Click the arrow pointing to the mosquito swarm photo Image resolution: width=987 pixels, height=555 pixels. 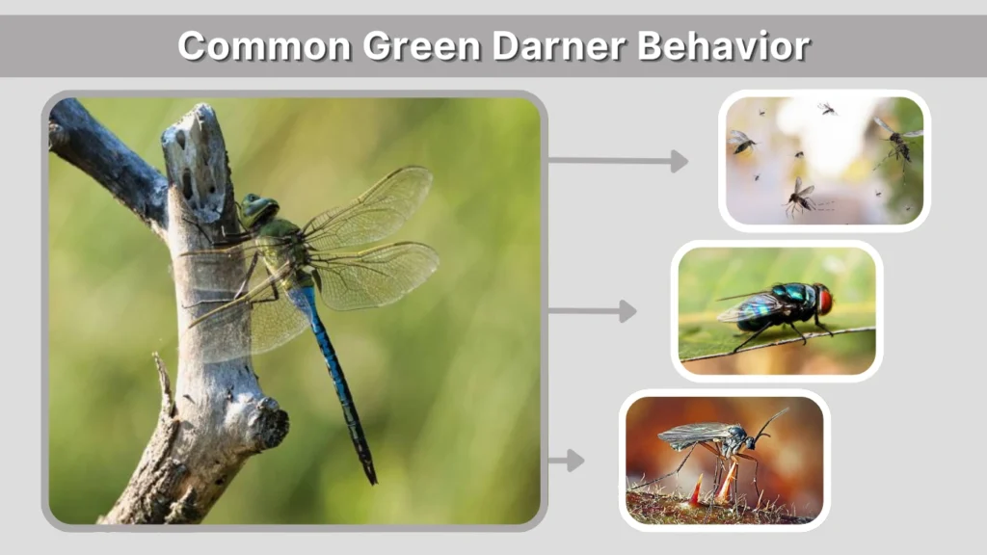[x=618, y=161]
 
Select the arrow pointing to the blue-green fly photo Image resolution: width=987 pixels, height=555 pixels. [x=593, y=311]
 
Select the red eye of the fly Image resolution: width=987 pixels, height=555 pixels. [x=824, y=299]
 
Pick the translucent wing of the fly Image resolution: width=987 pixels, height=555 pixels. [x=744, y=307]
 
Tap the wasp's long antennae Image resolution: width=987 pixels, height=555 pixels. [x=771, y=422]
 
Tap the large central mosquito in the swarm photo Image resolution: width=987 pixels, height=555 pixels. [x=800, y=197]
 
